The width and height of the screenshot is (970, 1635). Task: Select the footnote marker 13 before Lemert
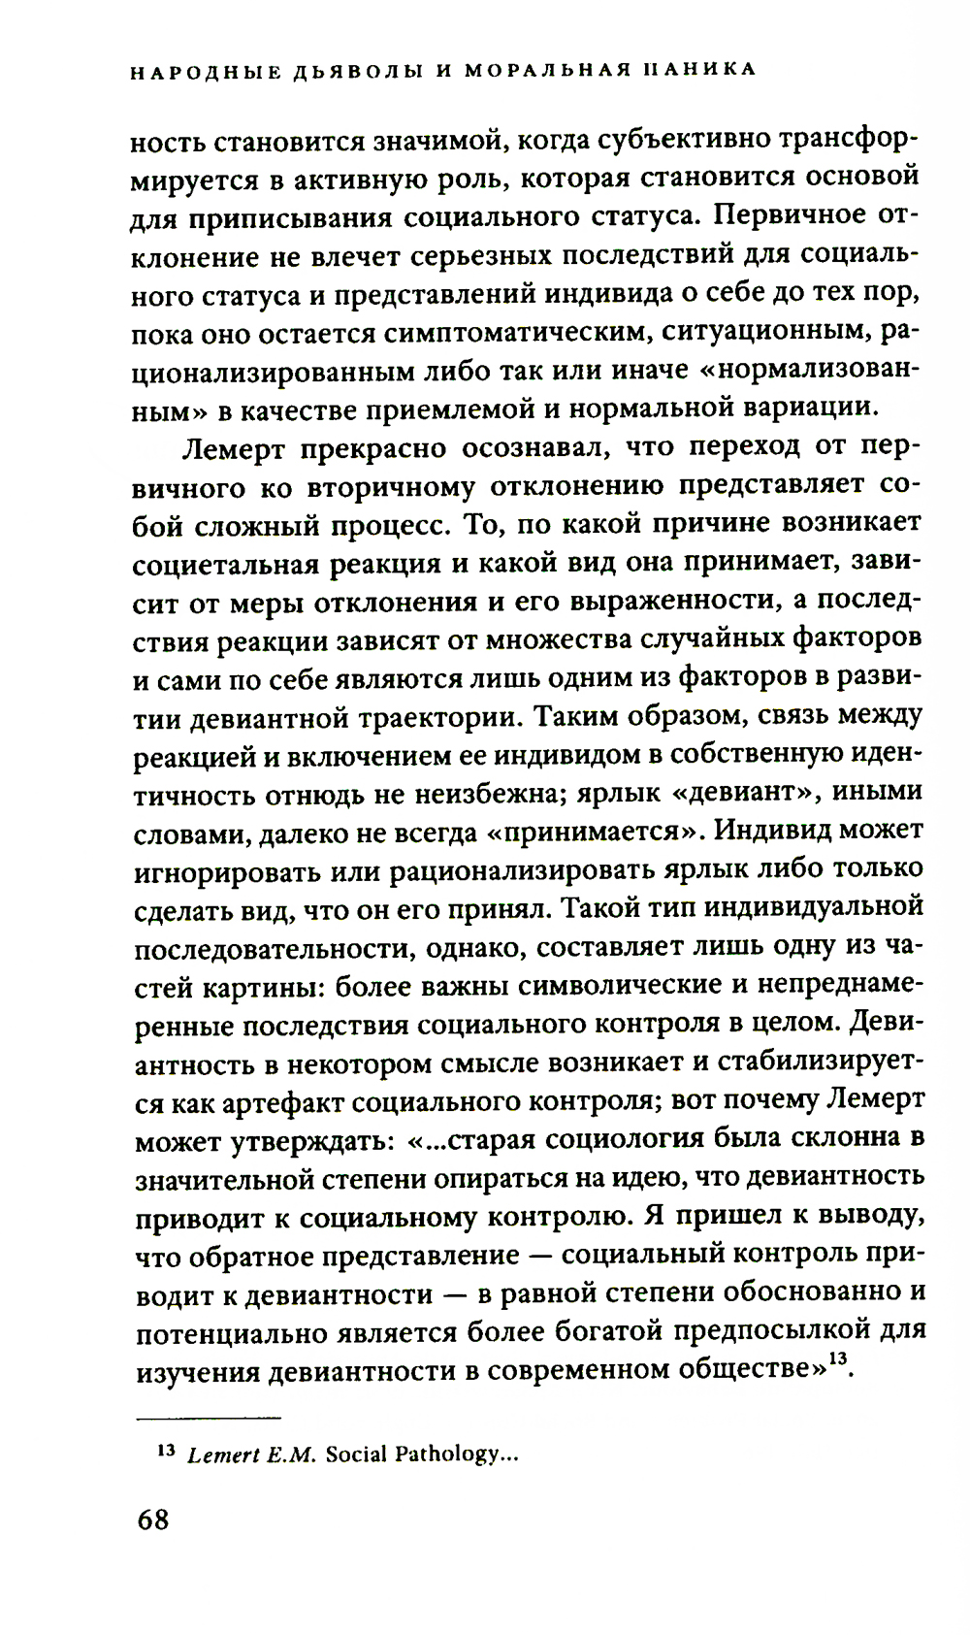pos(164,1453)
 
